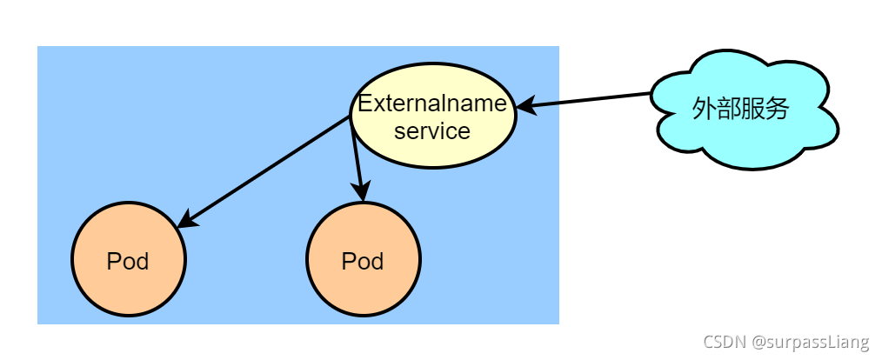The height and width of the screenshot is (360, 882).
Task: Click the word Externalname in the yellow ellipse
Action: tap(432, 103)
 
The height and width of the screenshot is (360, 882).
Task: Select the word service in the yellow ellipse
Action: tap(432, 131)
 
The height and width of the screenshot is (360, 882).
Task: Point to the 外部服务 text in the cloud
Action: tap(740, 109)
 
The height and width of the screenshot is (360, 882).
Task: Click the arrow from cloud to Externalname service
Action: tap(591, 100)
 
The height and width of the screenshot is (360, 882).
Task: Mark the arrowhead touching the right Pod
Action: tap(361, 191)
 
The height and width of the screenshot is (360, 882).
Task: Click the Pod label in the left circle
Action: tap(128, 261)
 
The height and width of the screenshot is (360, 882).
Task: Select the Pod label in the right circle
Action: tap(363, 261)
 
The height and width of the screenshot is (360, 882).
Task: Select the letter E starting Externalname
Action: tap(365, 103)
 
